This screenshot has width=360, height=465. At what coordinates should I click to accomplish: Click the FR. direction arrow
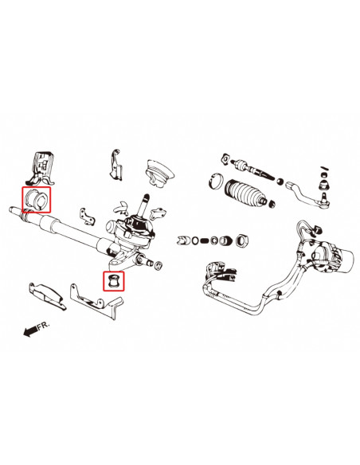[37, 329]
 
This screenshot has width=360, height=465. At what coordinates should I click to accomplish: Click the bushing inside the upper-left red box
[37, 199]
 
